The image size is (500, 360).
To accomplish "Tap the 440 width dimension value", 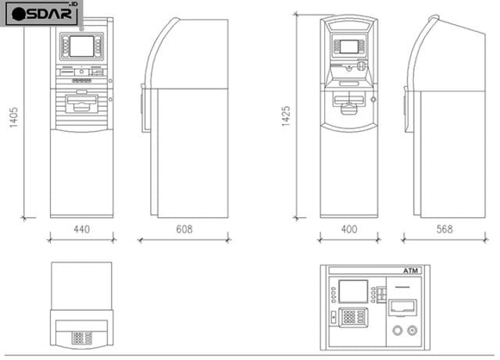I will click(81, 230).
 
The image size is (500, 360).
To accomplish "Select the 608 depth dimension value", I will click(184, 230).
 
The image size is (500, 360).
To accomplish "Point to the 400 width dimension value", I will click(348, 230).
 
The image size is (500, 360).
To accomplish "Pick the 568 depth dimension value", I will click(444, 230).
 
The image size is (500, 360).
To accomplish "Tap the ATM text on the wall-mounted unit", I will click(411, 271).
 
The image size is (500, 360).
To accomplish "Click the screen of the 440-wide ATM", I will click(81, 46).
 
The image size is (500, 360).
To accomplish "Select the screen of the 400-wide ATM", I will click(349, 46).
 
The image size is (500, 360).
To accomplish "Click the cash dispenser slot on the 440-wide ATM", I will click(81, 102).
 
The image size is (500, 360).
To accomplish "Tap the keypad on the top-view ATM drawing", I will click(81, 337).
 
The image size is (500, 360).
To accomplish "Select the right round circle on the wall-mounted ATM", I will click(412, 330).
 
